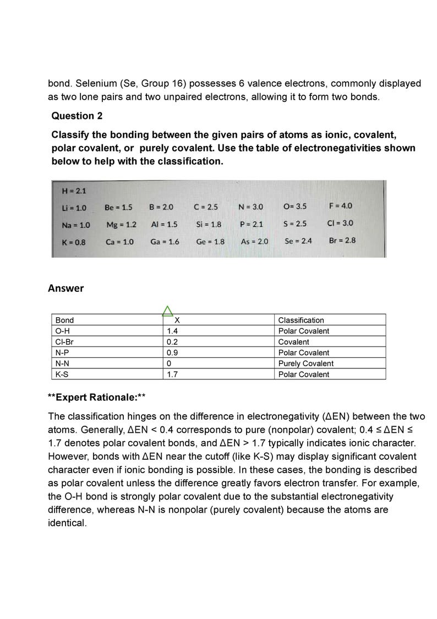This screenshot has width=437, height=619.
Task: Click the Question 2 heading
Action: tap(77, 116)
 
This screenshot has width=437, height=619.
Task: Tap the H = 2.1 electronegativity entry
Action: tap(74, 191)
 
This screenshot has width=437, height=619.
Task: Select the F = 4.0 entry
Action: tap(340, 206)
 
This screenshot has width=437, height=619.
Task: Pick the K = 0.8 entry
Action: tap(74, 241)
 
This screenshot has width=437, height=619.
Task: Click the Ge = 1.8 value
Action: tap(210, 241)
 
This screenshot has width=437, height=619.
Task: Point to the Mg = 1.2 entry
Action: tap(121, 224)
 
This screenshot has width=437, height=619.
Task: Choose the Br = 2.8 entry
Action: tap(342, 241)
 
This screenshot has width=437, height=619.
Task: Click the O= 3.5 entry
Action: tap(294, 207)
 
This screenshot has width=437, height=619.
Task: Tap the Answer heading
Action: tap(66, 288)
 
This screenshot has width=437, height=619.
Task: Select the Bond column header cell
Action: tap(64, 320)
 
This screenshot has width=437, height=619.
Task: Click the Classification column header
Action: tap(301, 320)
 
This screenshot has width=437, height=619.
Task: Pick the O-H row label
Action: tap(62, 331)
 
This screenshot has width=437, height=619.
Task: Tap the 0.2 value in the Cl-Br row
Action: tap(172, 342)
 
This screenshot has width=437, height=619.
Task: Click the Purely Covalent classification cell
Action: tap(305, 363)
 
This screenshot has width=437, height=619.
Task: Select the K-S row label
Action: tap(62, 374)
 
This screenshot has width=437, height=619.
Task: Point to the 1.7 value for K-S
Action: tap(172, 374)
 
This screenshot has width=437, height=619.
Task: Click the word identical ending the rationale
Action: tap(67, 523)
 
